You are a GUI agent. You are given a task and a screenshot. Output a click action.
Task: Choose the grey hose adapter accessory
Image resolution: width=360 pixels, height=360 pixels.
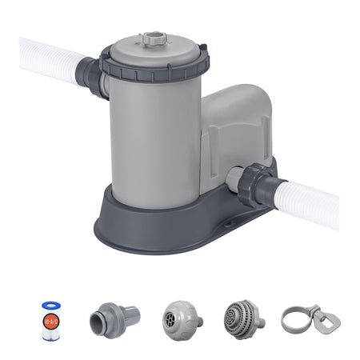coord(114,318)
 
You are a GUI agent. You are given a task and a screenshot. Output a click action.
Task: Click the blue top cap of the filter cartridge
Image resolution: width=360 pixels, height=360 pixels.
coord(52,305)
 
